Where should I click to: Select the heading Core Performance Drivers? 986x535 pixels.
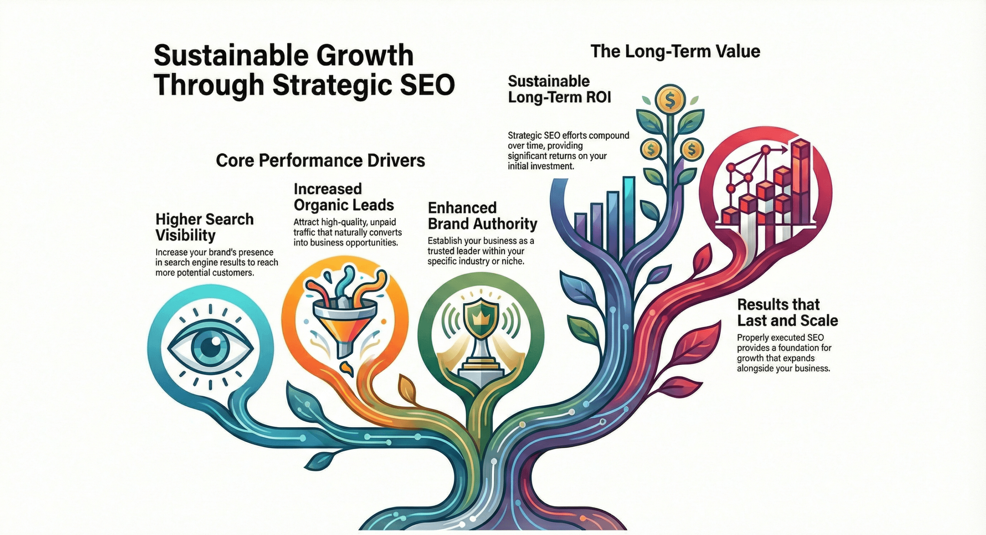tap(320, 160)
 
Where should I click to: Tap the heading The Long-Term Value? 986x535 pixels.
tap(675, 52)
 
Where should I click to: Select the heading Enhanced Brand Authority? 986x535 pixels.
tap(482, 216)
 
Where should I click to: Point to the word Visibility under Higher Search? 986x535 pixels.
tap(185, 235)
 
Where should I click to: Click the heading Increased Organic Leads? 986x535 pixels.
tap(344, 197)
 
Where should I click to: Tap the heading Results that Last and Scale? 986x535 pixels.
tap(787, 313)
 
